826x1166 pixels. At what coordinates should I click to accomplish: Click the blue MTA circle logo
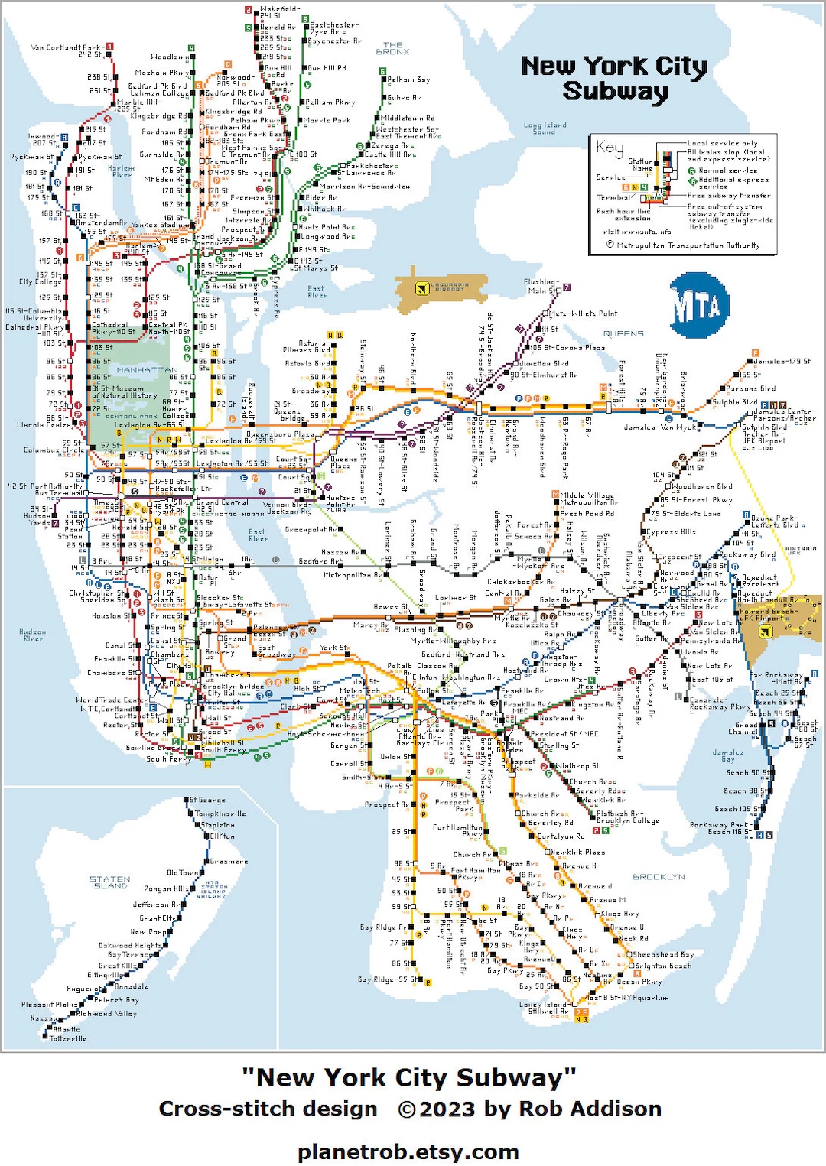pos(696,305)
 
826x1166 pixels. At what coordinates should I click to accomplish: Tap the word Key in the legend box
pos(610,148)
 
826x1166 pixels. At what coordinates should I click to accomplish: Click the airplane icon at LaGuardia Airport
pos(421,288)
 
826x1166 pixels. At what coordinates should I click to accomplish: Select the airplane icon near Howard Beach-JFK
pos(763,631)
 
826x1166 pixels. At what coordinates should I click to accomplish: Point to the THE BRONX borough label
pos(392,49)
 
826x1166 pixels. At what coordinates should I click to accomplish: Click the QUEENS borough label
pos(623,334)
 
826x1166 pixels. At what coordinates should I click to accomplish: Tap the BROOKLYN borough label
pos(659,877)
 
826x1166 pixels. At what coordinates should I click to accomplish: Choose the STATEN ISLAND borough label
pos(110,882)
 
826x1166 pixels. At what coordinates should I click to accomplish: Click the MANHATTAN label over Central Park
pos(147,370)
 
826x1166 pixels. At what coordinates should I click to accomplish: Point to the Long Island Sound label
pos(545,128)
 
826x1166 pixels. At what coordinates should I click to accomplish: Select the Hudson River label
pos(33,635)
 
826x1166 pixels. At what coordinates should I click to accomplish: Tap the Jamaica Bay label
pos(727,755)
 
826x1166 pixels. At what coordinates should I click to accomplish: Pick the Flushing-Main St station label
pos(541,286)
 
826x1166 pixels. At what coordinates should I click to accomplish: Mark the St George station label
pos(207,801)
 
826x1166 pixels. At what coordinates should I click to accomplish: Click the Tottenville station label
pos(68,1038)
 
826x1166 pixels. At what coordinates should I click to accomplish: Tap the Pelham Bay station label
pos(408,80)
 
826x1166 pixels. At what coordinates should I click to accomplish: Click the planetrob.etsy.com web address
pos(408,1151)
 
